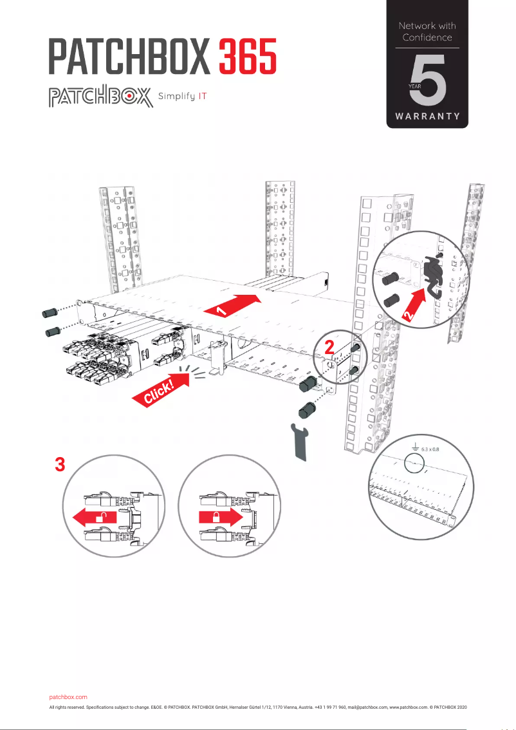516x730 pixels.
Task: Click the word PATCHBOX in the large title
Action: [131, 57]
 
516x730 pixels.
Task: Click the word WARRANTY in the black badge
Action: [427, 117]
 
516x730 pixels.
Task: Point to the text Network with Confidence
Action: [427, 32]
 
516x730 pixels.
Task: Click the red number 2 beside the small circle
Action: [329, 348]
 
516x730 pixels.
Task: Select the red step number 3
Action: [59, 465]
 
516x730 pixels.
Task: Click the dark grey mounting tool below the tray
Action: [300, 441]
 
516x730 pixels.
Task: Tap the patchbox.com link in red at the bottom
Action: [68, 697]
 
